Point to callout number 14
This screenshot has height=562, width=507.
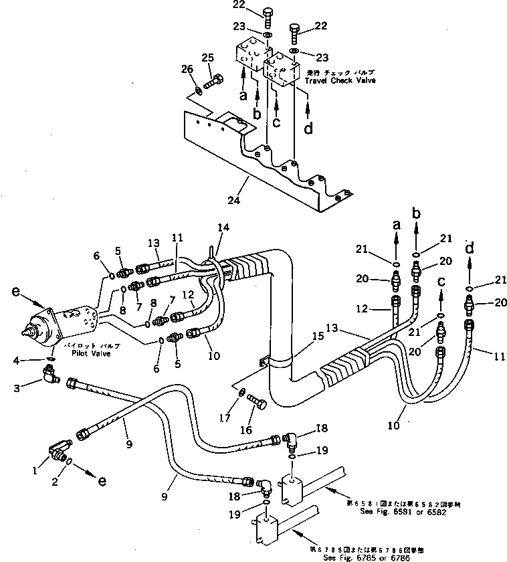pyautogui.click(x=223, y=228)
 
